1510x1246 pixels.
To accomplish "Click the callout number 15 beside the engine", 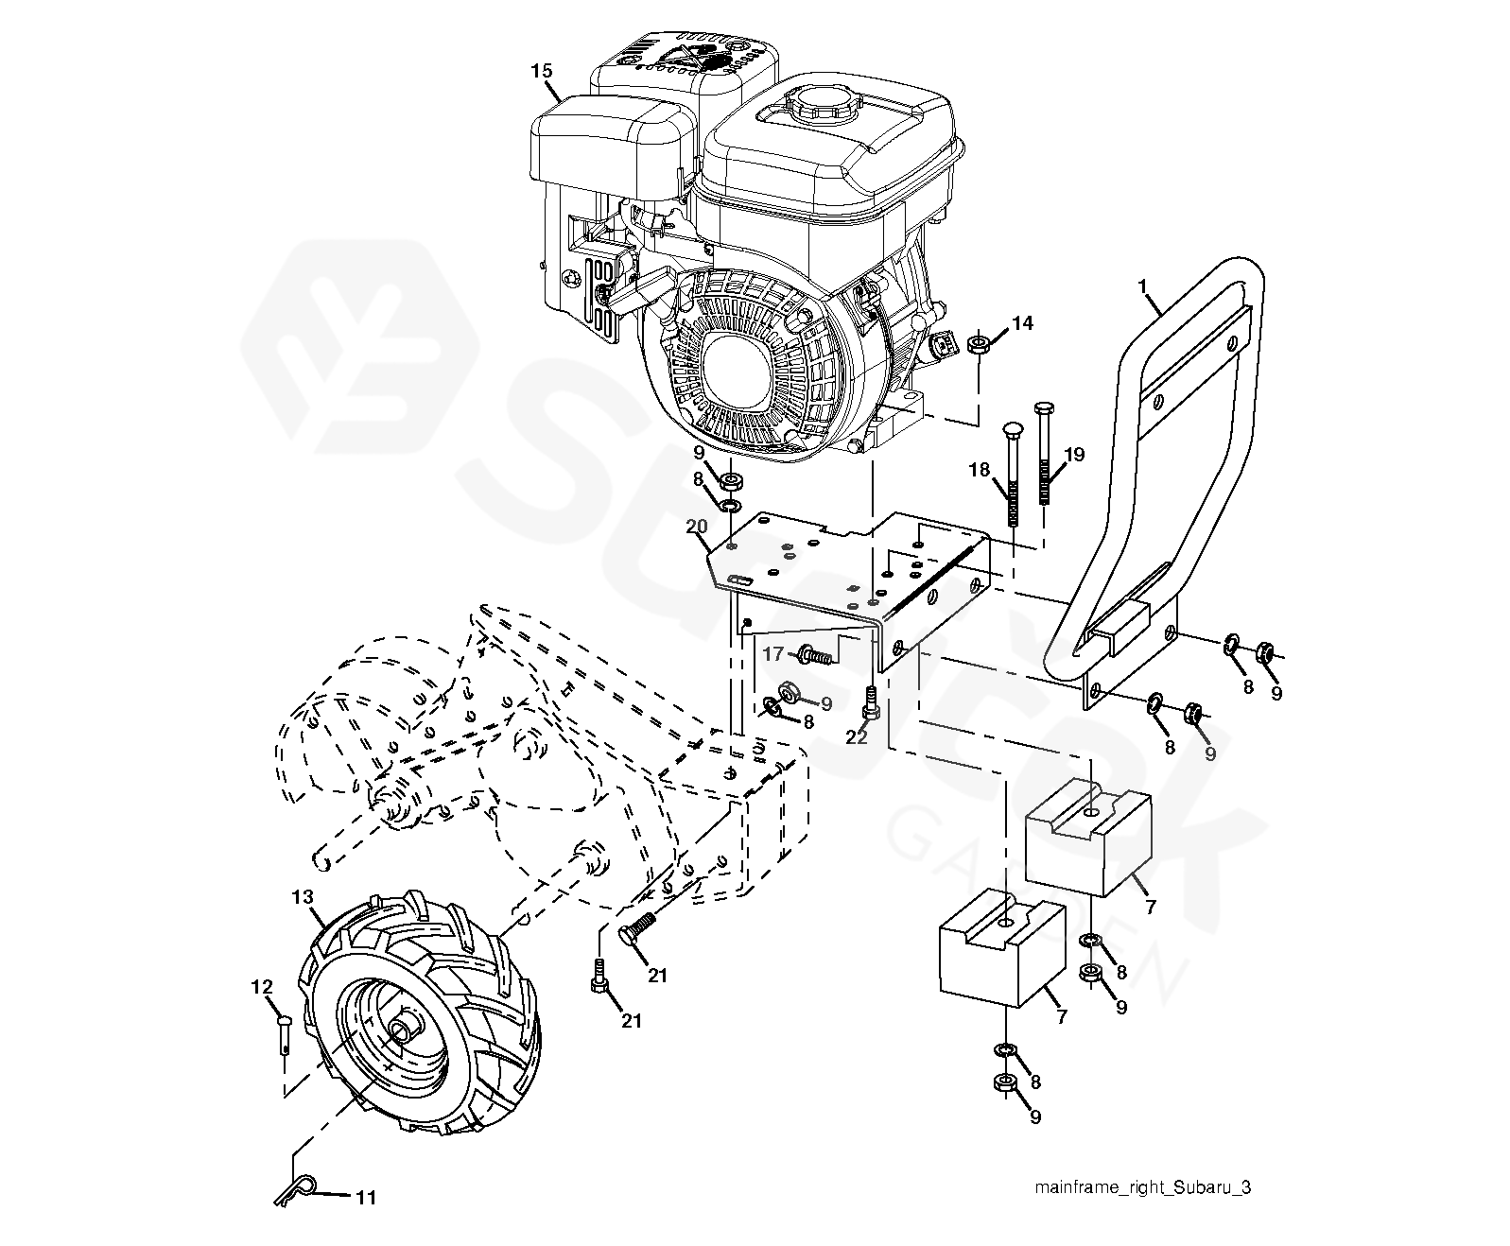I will pyautogui.click(x=541, y=71).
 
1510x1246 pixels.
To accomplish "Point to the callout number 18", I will pyautogui.click(x=978, y=470).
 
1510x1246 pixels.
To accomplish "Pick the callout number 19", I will pyautogui.click(x=1073, y=455).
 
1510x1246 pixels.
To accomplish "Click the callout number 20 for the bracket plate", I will pyautogui.click(x=697, y=527).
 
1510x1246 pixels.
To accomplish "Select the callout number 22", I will pyautogui.click(x=857, y=736).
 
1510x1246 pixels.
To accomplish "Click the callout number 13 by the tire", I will pyautogui.click(x=302, y=895).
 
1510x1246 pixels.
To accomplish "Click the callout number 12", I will pyautogui.click(x=261, y=987).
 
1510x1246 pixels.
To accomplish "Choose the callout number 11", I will pyautogui.click(x=366, y=1198).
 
